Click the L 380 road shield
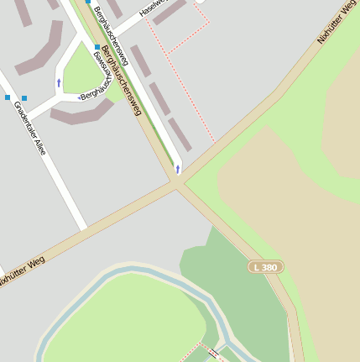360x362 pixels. (266, 267)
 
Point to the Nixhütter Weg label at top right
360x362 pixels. (334, 23)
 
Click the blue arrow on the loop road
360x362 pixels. (59, 82)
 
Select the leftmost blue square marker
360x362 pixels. (8, 97)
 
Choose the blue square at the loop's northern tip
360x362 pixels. (97, 47)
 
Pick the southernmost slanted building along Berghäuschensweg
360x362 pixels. (180, 134)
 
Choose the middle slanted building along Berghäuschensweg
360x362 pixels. (159, 98)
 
